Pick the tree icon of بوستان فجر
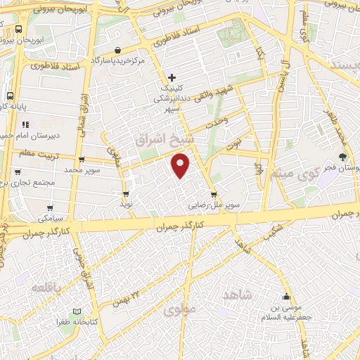pyautogui.click(x=343, y=157)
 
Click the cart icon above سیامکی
pyautogui.click(x=50, y=208)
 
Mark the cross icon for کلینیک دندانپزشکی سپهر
pyautogui.click(x=172, y=77)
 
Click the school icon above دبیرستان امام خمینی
pyautogui.click(x=26, y=124)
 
